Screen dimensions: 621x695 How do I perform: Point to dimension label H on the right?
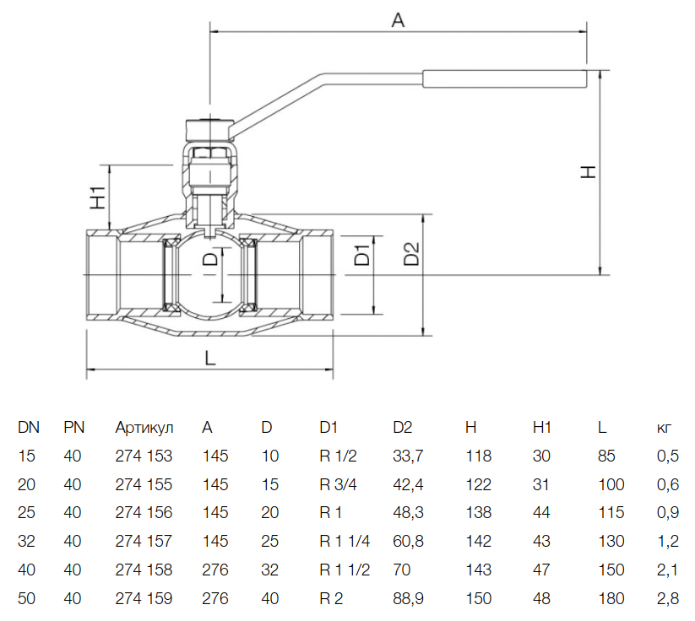click(x=589, y=172)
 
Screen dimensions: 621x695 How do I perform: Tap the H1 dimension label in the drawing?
click(x=98, y=197)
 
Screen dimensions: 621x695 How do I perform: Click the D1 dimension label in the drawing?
click(x=361, y=255)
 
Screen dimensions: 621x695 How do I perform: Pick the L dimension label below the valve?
click(x=210, y=357)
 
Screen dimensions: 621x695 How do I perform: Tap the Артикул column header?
click(x=144, y=428)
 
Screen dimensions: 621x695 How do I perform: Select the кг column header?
click(x=665, y=428)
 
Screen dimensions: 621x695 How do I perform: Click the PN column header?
click(x=74, y=428)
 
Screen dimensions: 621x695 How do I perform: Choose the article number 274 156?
click(x=144, y=513)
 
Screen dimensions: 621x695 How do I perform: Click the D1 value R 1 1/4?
click(x=345, y=542)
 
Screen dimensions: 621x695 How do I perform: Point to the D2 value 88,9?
click(x=409, y=599)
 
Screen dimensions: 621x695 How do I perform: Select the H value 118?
click(x=478, y=456)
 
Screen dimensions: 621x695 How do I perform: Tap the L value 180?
click(x=611, y=599)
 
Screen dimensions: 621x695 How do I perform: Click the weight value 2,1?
click(x=667, y=570)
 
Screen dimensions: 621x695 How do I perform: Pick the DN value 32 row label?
click(x=27, y=542)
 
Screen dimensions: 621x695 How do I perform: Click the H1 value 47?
click(x=541, y=570)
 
